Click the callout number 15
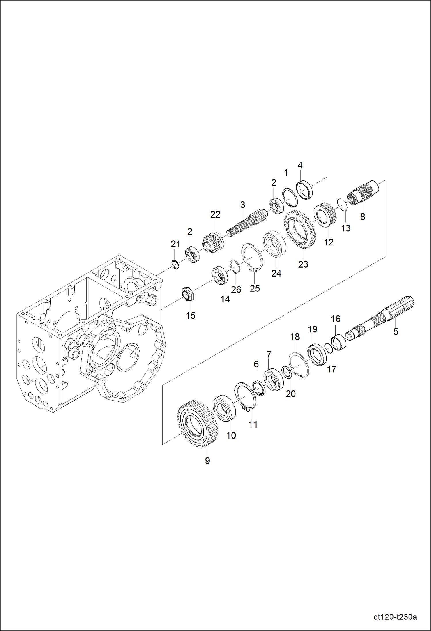pyautogui.click(x=190, y=315)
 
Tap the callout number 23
pyautogui.click(x=303, y=264)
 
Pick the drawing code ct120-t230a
pyautogui.click(x=395, y=617)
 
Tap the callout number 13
pyautogui.click(x=346, y=228)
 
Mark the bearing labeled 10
pyautogui.click(x=224, y=409)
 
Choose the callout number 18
pyautogui.click(x=295, y=337)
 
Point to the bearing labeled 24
pyautogui.click(x=275, y=243)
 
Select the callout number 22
pyautogui.click(x=215, y=214)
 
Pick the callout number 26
pyautogui.click(x=236, y=289)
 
